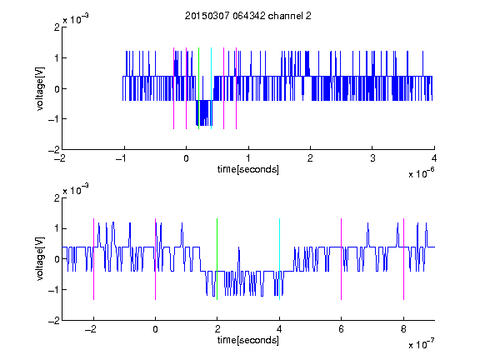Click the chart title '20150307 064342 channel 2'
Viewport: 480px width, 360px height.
point(248,16)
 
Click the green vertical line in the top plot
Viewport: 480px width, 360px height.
point(198,88)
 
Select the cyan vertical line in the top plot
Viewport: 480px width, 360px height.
point(211,88)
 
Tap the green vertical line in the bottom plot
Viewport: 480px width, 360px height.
point(217,259)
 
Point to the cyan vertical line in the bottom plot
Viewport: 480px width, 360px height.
point(279,259)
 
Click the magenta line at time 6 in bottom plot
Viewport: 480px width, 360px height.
point(342,259)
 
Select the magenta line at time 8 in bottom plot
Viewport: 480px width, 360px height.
point(404,259)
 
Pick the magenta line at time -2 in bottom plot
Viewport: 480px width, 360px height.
point(93,259)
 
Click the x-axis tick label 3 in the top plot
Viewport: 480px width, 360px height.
point(372,158)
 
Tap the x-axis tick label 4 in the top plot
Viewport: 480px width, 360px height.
point(434,158)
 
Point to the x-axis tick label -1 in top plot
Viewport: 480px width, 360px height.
point(122,158)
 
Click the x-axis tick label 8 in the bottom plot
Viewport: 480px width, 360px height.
point(403,329)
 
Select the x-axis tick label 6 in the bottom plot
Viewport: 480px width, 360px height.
point(342,329)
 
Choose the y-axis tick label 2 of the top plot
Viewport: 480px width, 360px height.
point(57,27)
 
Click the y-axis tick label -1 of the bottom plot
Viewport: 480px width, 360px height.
point(54,290)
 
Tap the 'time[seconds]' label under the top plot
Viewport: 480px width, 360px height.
point(248,169)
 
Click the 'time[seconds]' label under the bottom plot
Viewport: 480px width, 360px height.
point(248,340)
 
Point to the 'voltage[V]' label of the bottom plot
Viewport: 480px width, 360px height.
point(40,259)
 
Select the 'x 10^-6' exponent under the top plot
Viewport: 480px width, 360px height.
point(422,173)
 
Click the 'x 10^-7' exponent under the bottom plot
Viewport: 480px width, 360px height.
point(422,344)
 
